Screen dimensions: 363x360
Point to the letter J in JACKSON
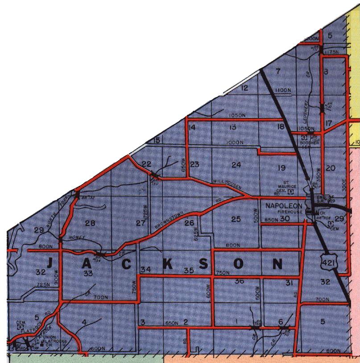click(x=50, y=264)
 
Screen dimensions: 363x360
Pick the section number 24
click(x=236, y=165)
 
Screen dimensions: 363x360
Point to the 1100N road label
click(x=283, y=90)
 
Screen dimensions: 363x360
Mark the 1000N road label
click(x=235, y=142)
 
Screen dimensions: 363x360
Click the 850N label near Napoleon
click(x=270, y=219)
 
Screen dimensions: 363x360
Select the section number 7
click(x=277, y=71)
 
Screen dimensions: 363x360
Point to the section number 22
click(x=146, y=164)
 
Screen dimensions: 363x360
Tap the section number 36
click(x=239, y=281)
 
